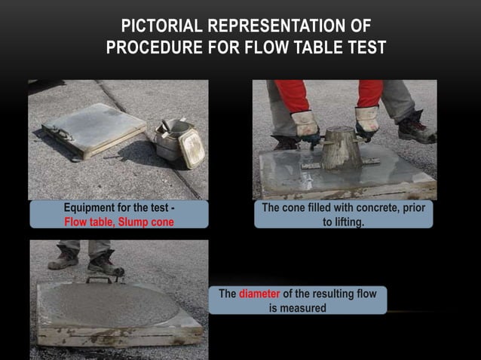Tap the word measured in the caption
[x=301, y=307]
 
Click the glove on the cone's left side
[x=305, y=124]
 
